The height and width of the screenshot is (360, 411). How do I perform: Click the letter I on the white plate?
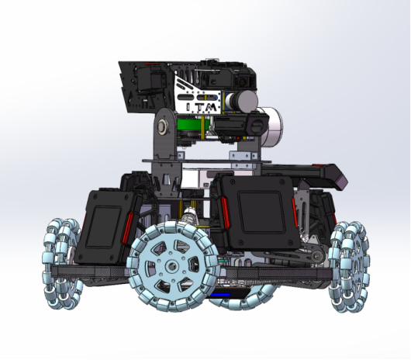(x=188, y=107)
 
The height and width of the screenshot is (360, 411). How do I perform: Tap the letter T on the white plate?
(x=198, y=107)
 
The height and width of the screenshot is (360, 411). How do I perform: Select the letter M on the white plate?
(x=211, y=107)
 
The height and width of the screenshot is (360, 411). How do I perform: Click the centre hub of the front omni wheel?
(x=171, y=266)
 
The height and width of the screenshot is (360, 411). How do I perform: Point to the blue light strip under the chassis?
(x=220, y=295)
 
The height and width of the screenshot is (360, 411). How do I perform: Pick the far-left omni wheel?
(x=62, y=264)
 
